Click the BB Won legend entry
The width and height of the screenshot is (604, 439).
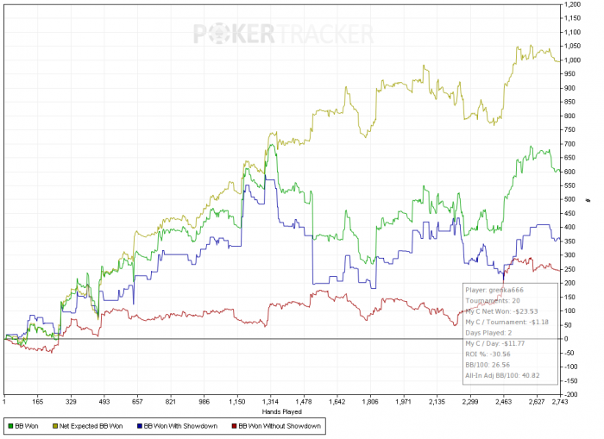pos(27,426)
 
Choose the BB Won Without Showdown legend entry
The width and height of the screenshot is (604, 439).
pos(276,426)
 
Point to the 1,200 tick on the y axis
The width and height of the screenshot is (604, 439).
pos(573,4)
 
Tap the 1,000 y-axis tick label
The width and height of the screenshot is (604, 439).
pos(573,60)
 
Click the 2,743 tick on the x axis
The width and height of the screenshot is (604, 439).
pos(560,402)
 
